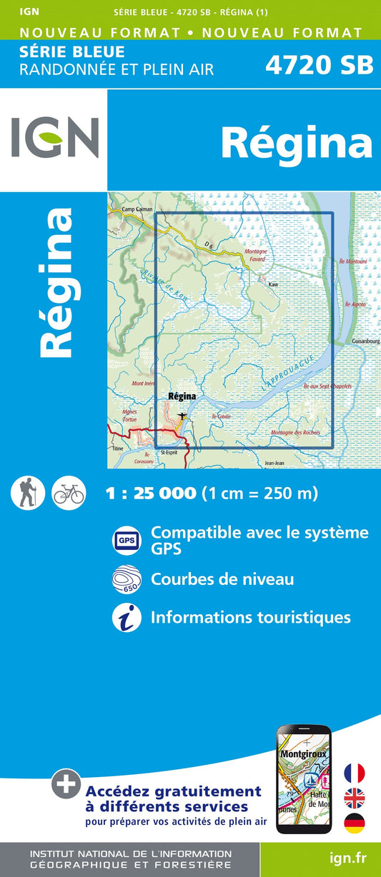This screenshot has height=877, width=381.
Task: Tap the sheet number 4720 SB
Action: [x=319, y=65]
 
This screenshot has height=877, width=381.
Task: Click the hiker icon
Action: [x=29, y=493]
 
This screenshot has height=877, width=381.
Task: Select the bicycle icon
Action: [x=69, y=493]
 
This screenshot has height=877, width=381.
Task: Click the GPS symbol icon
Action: [x=126, y=540]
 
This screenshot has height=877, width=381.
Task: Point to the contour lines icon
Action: [x=127, y=579]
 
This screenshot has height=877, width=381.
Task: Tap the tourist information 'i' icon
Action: [x=126, y=617]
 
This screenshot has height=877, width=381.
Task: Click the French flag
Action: [x=354, y=773]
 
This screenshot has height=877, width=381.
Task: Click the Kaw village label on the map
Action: [x=272, y=284]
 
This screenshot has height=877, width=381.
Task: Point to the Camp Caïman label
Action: [x=137, y=209]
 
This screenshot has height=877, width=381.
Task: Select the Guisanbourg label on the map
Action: [x=365, y=342]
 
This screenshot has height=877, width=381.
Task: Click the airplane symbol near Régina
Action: [x=183, y=416]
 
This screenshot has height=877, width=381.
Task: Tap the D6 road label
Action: [x=208, y=246]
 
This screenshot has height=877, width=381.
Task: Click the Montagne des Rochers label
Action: [x=295, y=433]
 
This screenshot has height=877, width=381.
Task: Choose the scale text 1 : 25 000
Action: [x=150, y=493]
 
